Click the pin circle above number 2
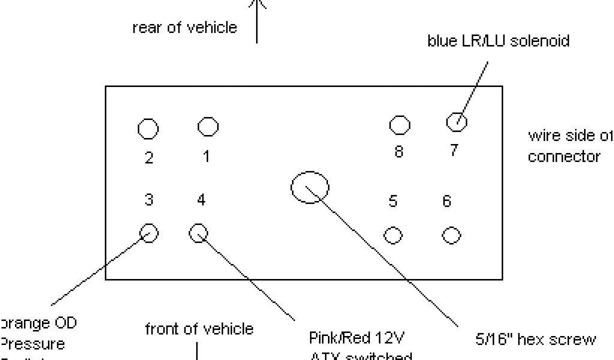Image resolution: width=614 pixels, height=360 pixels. (x=148, y=128)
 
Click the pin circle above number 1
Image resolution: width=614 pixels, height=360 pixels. (x=207, y=126)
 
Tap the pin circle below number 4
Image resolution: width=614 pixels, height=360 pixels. (x=198, y=232)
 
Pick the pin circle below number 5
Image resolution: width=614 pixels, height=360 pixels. (x=393, y=235)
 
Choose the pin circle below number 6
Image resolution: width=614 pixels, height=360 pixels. (x=451, y=235)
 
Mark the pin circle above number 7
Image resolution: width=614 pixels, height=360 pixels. (x=457, y=121)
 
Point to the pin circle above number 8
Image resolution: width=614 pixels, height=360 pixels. (x=399, y=125)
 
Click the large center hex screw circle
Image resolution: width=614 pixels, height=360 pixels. (x=310, y=187)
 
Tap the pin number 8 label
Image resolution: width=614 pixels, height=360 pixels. (x=399, y=152)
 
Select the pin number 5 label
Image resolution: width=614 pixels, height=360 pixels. (x=393, y=202)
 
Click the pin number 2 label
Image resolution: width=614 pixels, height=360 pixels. (x=148, y=158)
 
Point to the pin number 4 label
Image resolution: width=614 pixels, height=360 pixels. (x=201, y=200)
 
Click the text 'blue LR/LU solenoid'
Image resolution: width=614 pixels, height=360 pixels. (x=498, y=41)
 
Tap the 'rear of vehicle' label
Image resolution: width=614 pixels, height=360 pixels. (x=185, y=28)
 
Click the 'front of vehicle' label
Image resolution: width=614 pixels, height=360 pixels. (x=199, y=329)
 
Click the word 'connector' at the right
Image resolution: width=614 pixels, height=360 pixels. (x=564, y=157)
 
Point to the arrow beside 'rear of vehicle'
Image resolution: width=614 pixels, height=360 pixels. (x=257, y=21)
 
